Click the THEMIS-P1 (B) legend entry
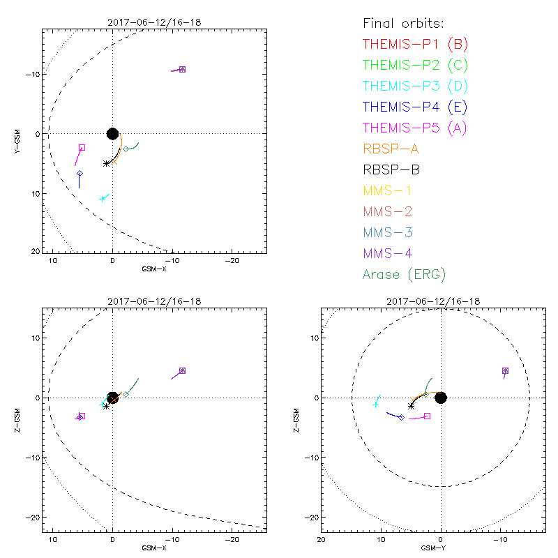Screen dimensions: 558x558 415,45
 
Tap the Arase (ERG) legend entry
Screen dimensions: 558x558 404,274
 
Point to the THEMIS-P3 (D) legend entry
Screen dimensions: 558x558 415,86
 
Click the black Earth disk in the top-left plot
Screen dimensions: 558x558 112,133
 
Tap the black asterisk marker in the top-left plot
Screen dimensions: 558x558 106,163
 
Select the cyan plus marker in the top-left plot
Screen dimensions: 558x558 103,199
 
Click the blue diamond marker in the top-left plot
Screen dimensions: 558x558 80,174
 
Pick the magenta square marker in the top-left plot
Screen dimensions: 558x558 82,147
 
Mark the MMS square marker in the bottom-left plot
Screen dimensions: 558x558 182,370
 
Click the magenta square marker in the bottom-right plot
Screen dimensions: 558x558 427,416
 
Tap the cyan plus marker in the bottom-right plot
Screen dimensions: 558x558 376,404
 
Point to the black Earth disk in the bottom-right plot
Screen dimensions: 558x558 441,398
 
